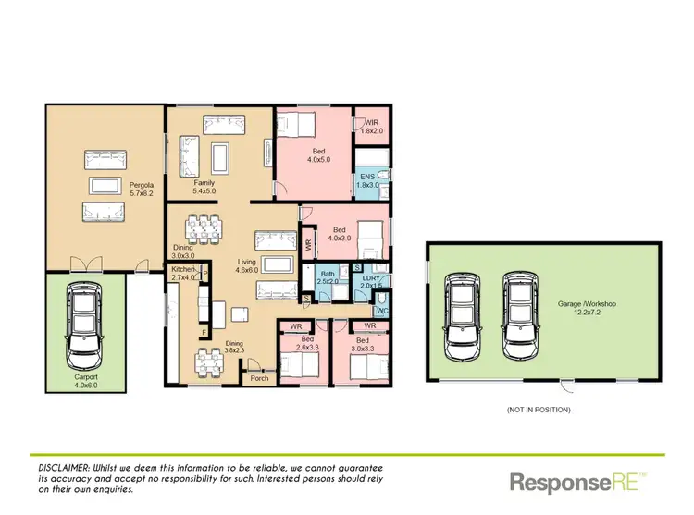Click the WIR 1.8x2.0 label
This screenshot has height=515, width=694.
[374, 128]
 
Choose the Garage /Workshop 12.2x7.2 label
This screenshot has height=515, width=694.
[587, 308]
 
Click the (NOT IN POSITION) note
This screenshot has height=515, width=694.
[539, 408]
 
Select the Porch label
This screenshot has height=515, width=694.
[258, 377]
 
